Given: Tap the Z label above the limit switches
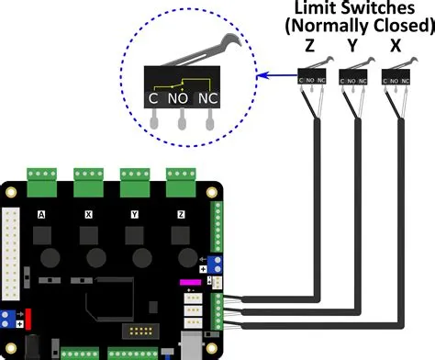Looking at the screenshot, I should (x=309, y=44).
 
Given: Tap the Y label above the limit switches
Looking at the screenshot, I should (x=352, y=44).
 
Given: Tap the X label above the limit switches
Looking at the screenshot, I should (x=395, y=44).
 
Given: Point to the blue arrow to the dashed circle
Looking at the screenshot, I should (x=275, y=76).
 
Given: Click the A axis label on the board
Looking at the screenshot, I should (x=41, y=214).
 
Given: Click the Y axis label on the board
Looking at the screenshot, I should (x=136, y=214).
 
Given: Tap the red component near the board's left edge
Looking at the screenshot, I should (x=26, y=318).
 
